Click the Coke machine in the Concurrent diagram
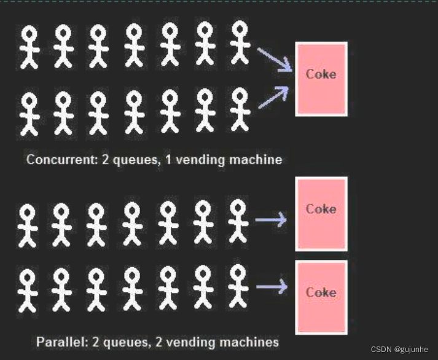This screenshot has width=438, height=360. pyautogui.click(x=321, y=79)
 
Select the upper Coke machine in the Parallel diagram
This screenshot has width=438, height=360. pyautogui.click(x=321, y=214)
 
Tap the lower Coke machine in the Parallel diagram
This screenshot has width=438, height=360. pyautogui.click(x=321, y=297)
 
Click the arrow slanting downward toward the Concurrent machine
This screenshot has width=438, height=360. pyautogui.click(x=274, y=60)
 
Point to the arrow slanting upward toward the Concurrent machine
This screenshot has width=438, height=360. pyautogui.click(x=274, y=97)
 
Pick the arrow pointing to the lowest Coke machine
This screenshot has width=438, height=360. pyautogui.click(x=271, y=286)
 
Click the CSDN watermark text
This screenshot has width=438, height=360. pyautogui.click(x=381, y=349)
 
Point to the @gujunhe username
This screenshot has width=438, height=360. pyautogui.click(x=412, y=349)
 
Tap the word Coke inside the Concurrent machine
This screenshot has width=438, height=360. pyautogui.click(x=321, y=74)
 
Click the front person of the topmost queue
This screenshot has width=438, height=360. pyautogui.click(x=240, y=42)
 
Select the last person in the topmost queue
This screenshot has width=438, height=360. pyautogui.click(x=27, y=47)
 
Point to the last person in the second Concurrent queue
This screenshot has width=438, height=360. pyautogui.click(x=27, y=112)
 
